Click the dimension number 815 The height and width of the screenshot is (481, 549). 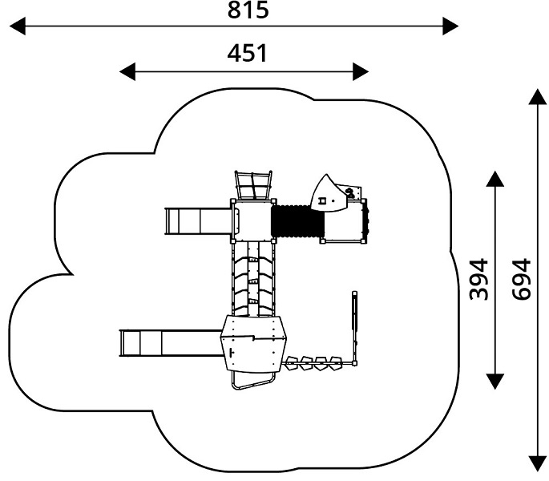tap(248, 10)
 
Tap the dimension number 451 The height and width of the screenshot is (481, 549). tap(248, 53)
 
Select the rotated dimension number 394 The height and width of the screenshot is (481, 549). tap(478, 279)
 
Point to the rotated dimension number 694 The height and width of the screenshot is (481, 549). tap(521, 279)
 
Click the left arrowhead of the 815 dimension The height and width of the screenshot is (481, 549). tap(18, 26)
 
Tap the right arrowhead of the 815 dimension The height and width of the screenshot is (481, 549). tap(450, 26)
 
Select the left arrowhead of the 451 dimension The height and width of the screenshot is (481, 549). tap(127, 72)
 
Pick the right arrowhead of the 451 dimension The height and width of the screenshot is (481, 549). tap(361, 72)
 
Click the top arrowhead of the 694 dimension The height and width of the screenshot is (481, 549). tap(538, 97)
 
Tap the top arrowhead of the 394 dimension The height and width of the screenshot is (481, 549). tap(495, 179)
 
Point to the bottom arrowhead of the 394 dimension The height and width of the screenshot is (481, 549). tap(495, 382)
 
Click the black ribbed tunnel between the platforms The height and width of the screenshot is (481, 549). tap(297, 221)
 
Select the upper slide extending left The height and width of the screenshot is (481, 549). tap(198, 221)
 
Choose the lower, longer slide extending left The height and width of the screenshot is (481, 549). tap(172, 343)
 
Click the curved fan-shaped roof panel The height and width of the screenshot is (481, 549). tap(329, 196)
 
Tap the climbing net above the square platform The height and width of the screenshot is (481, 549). tap(253, 185)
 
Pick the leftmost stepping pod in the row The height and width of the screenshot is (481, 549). tap(291, 363)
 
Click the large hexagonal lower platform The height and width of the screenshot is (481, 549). tap(253, 344)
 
